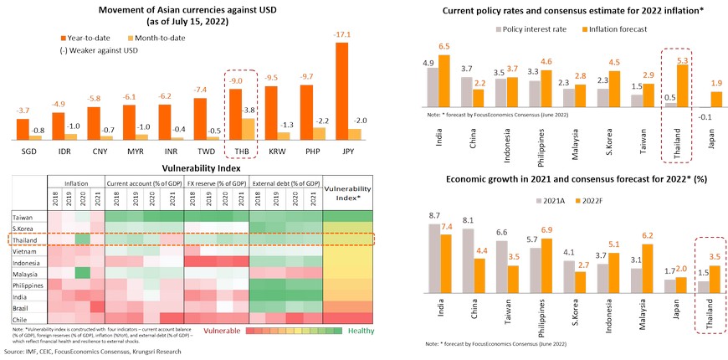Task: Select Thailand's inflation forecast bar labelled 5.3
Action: tap(683, 86)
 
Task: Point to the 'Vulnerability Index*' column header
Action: tap(347, 193)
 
